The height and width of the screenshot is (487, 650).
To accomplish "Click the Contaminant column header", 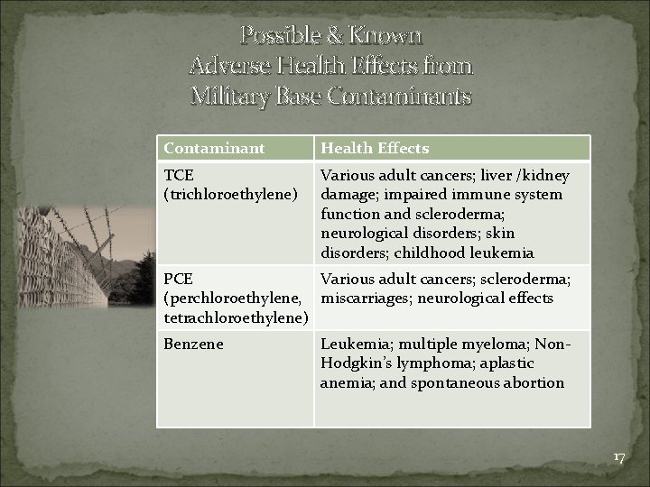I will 214,148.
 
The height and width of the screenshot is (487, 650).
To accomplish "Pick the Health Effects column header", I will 375,148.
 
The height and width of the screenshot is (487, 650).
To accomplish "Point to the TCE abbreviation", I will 178,175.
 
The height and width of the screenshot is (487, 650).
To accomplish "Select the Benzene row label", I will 193,344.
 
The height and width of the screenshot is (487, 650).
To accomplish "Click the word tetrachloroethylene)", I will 236,317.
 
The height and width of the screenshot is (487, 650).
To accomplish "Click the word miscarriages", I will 367,299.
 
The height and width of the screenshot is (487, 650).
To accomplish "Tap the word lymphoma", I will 422,363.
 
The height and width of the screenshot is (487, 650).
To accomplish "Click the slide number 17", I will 618,457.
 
